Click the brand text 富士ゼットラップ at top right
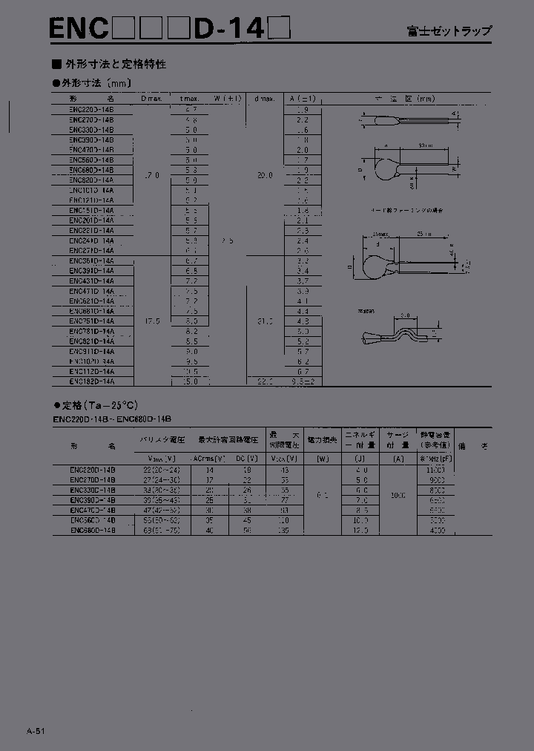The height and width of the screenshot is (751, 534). [x=449, y=32]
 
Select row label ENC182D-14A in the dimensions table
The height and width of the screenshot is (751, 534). [x=92, y=381]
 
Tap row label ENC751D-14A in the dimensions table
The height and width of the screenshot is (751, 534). [x=92, y=321]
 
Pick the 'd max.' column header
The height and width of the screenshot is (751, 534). [x=265, y=99]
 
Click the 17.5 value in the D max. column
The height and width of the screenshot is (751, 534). [x=151, y=321]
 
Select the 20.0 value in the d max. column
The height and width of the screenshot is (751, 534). [x=265, y=175]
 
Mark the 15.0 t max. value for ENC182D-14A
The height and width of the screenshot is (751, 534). [x=191, y=381]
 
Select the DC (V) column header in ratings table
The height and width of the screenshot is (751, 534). [x=246, y=459]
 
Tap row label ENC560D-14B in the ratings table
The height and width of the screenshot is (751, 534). [x=93, y=521]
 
